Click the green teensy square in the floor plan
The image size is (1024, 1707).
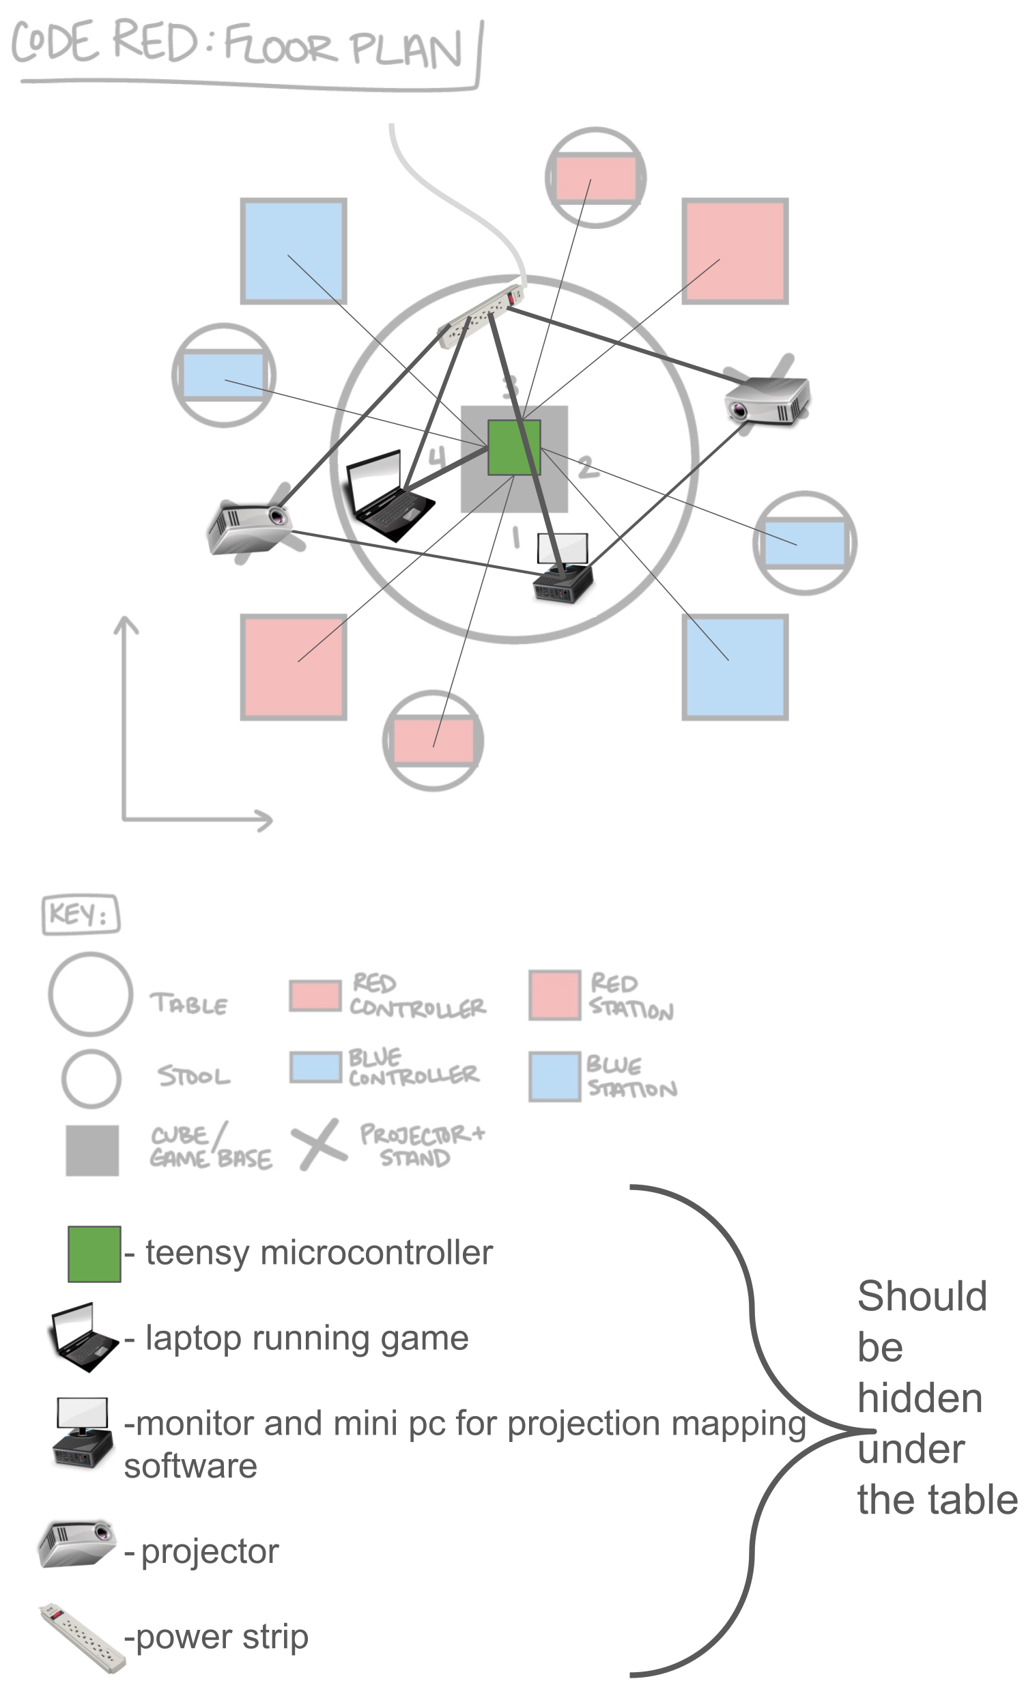513,447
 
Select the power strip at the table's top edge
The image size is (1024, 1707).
482,315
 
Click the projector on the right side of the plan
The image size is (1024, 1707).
767,400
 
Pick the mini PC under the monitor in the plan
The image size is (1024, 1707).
563,584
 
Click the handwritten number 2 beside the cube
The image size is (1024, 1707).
587,467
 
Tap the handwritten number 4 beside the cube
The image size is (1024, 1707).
438,456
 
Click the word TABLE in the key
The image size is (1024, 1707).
188,1004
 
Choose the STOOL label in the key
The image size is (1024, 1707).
193,1075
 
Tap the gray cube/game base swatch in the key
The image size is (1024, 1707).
91,1151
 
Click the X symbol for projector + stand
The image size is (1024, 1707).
318,1143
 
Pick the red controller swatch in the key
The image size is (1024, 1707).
315,996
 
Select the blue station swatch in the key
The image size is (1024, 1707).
554,1075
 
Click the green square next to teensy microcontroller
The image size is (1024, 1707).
94,1254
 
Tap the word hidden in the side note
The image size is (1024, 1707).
919,1398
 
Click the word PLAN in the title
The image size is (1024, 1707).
405,50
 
